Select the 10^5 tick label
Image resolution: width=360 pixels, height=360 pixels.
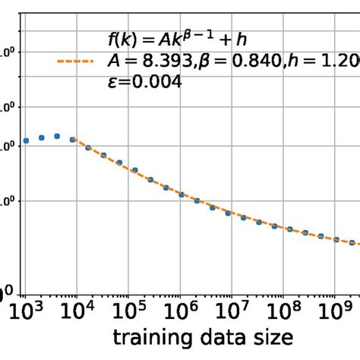coord(128,310)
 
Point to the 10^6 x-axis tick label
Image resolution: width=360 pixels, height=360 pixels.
coord(179,310)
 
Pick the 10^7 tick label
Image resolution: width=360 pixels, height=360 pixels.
coord(231,310)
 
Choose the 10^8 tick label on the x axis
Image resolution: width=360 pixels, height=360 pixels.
coord(282,310)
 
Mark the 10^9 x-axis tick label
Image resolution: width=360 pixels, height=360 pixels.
coord(333,310)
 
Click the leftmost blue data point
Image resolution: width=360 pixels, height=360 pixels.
coord(26,141)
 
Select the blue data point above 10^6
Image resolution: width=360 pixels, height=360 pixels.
coord(181,194)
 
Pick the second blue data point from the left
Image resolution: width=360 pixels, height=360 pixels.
coord(42,137)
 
